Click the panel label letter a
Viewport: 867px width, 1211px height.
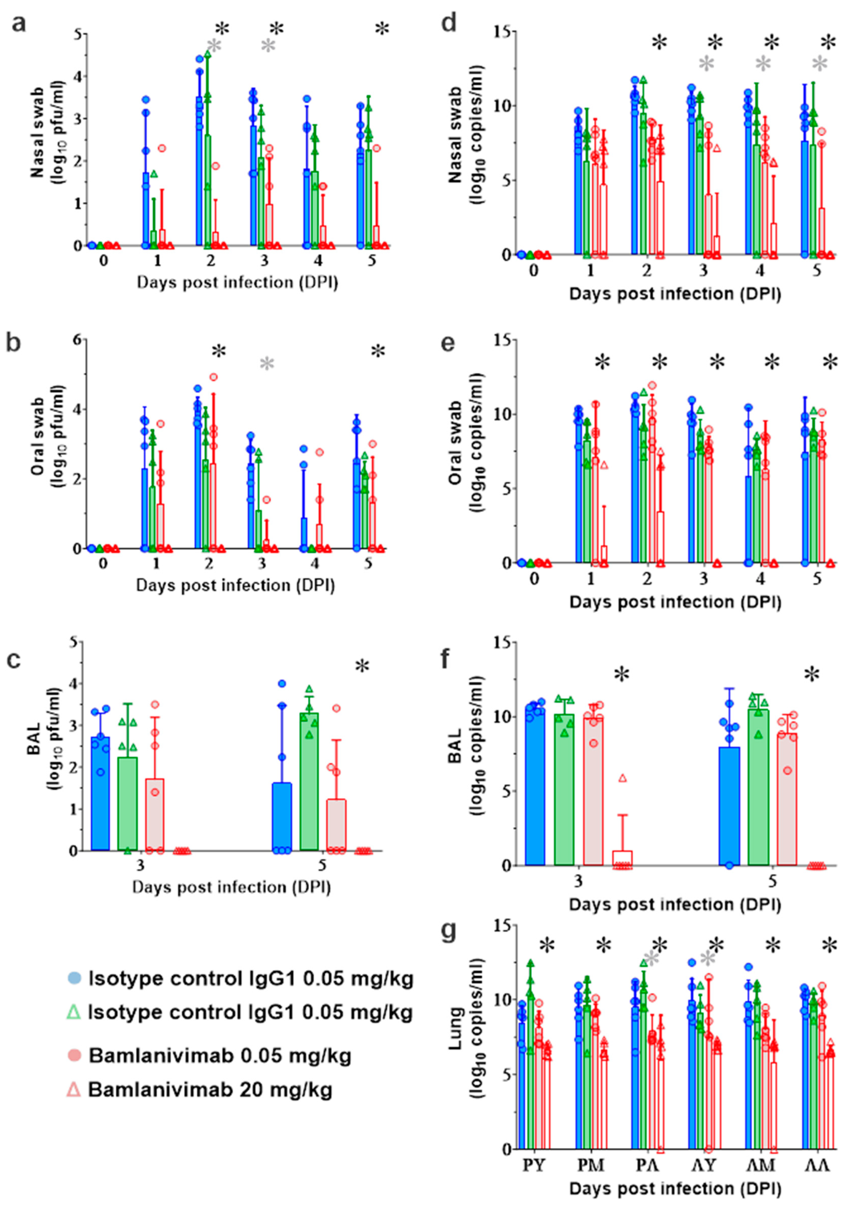click(x=19, y=24)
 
